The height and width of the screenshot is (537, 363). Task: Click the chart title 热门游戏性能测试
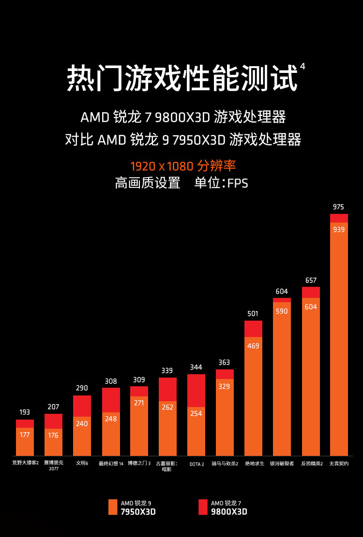click(x=181, y=79)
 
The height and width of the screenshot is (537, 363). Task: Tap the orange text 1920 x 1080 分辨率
click(x=183, y=167)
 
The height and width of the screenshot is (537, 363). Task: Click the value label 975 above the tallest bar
click(x=339, y=207)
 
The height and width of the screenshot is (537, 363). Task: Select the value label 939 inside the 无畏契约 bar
click(x=339, y=229)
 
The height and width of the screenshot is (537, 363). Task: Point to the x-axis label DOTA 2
click(x=196, y=464)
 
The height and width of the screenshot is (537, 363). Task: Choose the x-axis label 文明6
click(x=82, y=464)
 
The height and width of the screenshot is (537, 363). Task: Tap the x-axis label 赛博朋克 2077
click(x=53, y=466)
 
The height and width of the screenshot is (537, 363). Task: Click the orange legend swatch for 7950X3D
click(x=113, y=507)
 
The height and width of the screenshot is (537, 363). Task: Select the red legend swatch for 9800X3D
click(x=203, y=507)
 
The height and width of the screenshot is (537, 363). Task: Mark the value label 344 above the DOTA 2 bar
click(x=196, y=367)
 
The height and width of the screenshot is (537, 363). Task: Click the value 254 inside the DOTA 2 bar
click(x=196, y=413)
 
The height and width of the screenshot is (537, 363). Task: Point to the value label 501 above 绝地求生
click(x=253, y=313)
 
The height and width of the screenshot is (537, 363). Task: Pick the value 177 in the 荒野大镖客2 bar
click(x=25, y=435)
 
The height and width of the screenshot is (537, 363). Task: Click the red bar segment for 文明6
click(x=82, y=406)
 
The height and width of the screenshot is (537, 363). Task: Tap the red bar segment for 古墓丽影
click(x=167, y=389)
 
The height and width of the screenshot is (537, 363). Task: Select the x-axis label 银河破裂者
click(x=282, y=464)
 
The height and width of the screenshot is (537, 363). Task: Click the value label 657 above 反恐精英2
click(x=311, y=280)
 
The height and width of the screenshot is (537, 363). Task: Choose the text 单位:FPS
click(x=221, y=183)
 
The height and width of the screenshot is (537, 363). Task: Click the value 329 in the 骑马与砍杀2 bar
click(x=225, y=386)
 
